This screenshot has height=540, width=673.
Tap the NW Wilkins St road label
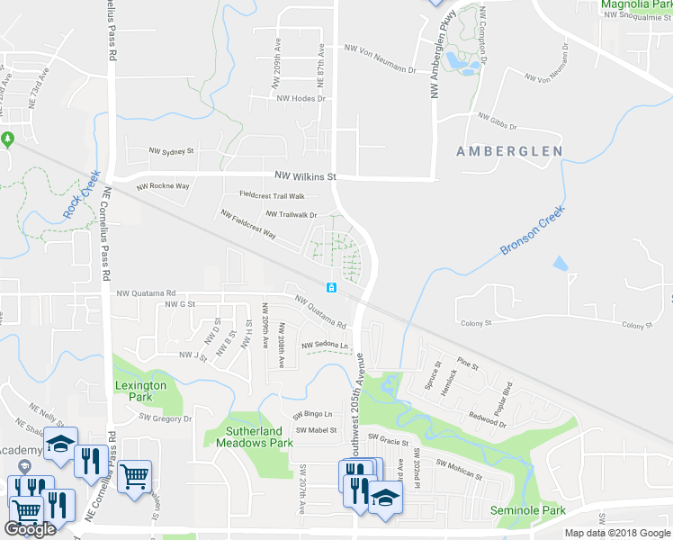pos(305,176)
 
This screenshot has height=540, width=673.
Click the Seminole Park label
pos(528,510)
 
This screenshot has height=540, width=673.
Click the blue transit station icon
pos(331,287)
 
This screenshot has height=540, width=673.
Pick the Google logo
pos(31,529)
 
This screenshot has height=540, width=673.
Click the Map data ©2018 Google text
pos(618,533)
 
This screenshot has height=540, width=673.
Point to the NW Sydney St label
pos(172,152)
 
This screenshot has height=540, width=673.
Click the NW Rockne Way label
pos(163,187)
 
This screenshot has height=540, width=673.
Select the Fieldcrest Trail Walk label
pos(272,195)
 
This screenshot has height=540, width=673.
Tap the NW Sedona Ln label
pos(325,345)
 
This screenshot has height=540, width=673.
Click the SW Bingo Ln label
pos(312,414)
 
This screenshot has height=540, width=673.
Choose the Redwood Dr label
pos(488,418)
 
